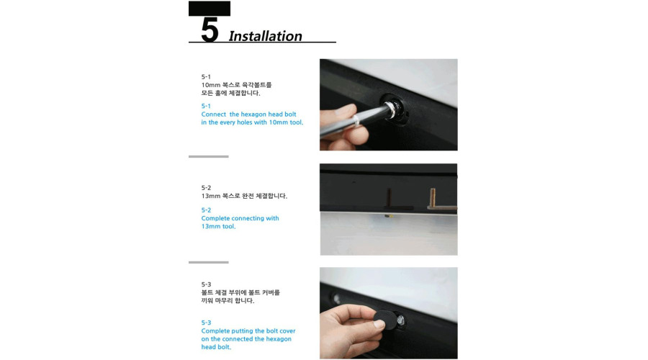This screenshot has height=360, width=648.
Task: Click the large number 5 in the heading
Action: (210, 30)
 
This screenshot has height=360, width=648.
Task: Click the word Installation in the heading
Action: (265, 36)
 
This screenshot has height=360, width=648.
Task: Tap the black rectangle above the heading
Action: (209, 9)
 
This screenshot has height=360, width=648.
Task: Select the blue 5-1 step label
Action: (206, 107)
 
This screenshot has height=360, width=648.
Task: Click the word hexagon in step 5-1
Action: (253, 114)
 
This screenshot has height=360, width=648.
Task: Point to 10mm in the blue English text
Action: (278, 122)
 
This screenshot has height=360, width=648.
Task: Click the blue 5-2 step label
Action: (206, 210)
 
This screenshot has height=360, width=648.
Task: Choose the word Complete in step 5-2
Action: (215, 218)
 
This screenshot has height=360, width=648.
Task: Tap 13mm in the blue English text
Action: (211, 227)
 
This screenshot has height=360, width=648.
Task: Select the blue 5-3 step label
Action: (206, 323)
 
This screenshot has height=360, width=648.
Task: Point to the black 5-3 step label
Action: (206, 284)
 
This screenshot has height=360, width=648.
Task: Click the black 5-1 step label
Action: (206, 77)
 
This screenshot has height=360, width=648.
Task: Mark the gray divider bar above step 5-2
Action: (208, 157)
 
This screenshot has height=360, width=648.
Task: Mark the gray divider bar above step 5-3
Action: (208, 263)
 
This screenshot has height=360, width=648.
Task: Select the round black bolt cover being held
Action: (382, 320)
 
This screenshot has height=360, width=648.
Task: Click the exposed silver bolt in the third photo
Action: (400, 320)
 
